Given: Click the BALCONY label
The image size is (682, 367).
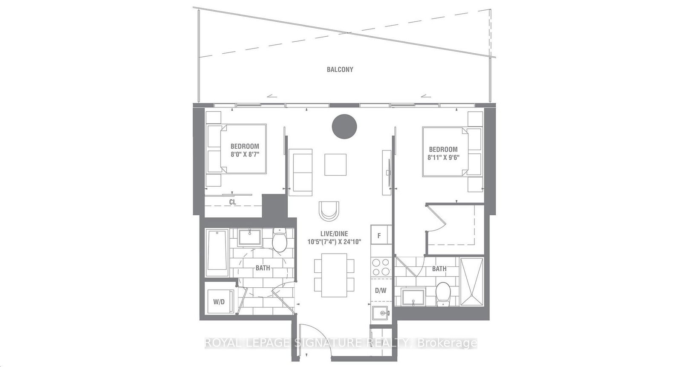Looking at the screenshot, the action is [340, 69].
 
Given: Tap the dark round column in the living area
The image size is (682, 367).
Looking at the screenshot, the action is [344, 127].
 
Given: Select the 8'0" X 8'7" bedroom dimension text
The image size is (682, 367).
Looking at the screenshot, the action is [245, 154].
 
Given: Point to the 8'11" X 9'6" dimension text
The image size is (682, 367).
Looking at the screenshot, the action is [443, 157].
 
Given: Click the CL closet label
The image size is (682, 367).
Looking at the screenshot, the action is [233, 202].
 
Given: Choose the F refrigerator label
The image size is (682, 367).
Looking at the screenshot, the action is [379, 236].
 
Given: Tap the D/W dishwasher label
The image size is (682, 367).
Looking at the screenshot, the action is [381, 291].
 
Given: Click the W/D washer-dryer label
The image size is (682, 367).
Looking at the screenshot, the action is [219, 302].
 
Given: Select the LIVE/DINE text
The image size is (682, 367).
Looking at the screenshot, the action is [334, 234].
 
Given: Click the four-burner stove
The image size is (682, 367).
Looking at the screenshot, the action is [381, 267].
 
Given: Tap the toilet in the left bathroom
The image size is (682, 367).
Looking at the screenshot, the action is [279, 240].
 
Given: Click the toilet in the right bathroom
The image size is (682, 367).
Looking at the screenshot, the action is [443, 295].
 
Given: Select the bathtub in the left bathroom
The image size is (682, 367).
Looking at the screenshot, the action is [217, 253].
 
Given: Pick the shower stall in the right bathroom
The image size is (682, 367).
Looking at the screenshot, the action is [471, 282].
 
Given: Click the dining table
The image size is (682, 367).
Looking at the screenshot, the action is [334, 275].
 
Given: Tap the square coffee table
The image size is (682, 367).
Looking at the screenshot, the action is [335, 165].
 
